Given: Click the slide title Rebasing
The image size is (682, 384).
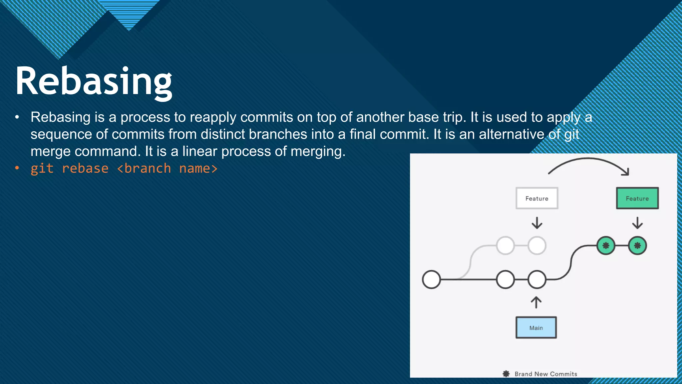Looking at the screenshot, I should pos(94,82).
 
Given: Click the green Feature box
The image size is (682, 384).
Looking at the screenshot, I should pos(637,198).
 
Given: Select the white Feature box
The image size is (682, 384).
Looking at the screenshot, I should pos(537,198).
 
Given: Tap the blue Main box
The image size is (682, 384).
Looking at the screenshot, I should pos(536,328).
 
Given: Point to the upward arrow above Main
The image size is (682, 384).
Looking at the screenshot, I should pos(536,302).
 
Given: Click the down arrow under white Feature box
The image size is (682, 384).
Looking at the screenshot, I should pos(537,223).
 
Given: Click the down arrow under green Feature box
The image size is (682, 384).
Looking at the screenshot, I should pos(637,223).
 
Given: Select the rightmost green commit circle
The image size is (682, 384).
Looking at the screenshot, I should pos(637,246).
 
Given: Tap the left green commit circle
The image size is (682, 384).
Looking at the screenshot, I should pos(606,246).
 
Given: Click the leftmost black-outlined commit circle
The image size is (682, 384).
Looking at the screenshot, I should pos(431,279).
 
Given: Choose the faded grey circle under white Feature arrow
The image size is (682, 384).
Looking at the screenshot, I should pos(537,246).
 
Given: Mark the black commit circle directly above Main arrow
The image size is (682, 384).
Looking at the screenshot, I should pos(537,279).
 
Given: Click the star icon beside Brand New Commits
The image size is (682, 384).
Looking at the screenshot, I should pos(506,374).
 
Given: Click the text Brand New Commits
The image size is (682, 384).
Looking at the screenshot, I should pos(546,374).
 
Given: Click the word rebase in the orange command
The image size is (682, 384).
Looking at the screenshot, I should pos(85,169).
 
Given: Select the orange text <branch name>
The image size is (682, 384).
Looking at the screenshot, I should pos(167,169).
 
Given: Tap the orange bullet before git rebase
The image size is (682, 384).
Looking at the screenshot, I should pos(17,168).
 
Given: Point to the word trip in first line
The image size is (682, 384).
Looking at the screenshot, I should pos(455,117).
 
